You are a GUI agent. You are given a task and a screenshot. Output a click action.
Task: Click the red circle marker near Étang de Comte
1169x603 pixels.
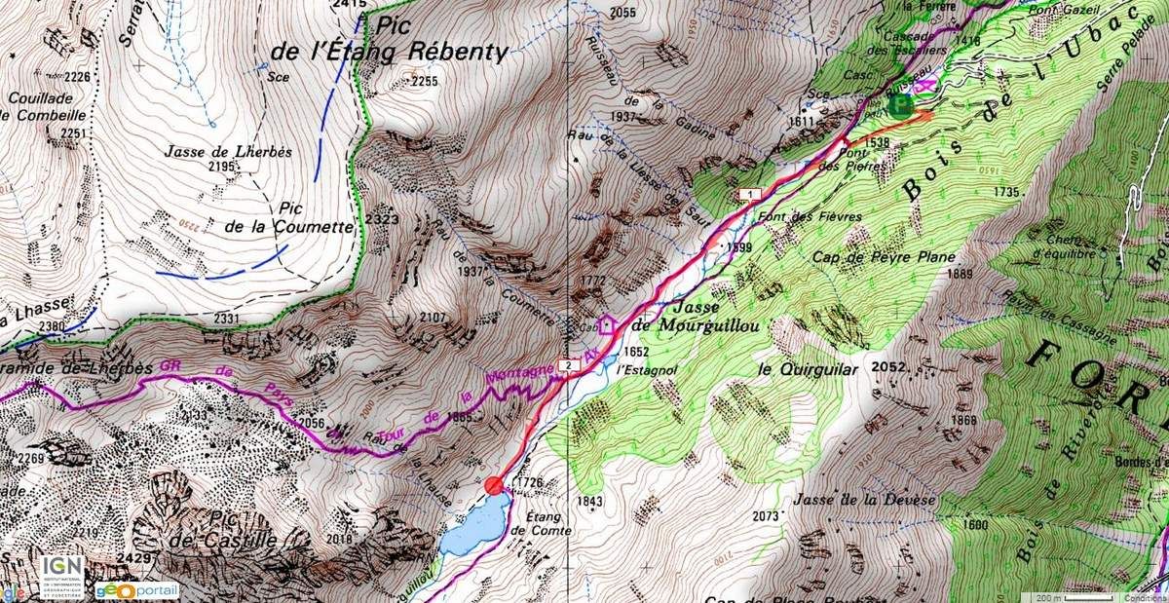pos(494,485)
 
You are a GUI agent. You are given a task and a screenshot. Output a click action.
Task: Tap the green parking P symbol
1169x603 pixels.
pos(901,105)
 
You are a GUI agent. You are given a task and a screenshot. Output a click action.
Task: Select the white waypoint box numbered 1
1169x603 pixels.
pos(747,195)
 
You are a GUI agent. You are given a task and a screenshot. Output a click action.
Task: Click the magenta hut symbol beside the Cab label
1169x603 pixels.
pos(608,324)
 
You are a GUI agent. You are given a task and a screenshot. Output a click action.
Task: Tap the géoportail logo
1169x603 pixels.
pos(136,590)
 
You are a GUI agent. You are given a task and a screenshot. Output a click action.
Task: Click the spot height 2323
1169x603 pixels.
pos(384,220)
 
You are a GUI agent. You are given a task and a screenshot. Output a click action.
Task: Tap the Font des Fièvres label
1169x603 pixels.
pos(800,216)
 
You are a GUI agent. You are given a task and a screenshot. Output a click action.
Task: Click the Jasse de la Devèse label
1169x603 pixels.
pos(863,500)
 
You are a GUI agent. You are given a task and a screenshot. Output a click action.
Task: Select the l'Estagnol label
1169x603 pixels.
pos(642,369)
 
